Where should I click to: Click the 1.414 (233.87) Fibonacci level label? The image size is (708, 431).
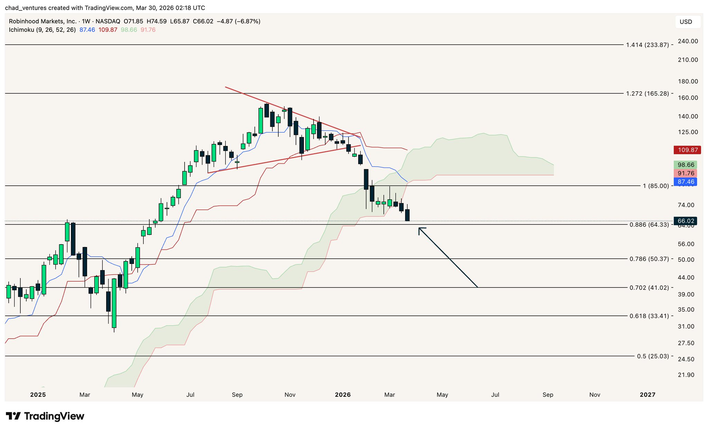tap(648, 45)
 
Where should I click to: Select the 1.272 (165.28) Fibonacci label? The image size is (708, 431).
tap(648, 93)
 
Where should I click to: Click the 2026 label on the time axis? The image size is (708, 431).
tap(343, 395)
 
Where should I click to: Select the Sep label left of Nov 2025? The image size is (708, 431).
tap(237, 395)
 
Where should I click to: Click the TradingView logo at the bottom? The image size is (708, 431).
tap(45, 416)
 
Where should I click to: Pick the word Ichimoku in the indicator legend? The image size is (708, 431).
tap(21, 30)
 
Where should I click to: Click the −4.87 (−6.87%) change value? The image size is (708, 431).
tap(238, 21)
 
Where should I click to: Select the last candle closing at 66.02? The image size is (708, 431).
tap(407, 215)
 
